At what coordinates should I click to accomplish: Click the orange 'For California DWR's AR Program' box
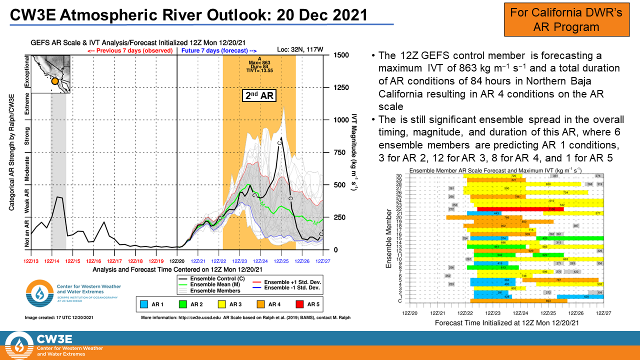pos(566,19)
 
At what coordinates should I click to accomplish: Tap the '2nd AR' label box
pos(259,95)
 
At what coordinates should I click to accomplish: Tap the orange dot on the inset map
pos(54,81)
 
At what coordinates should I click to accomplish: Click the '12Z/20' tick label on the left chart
pos(177,260)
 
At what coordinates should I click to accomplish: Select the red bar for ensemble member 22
pos(520,209)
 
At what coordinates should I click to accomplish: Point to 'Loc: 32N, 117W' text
pos(299,50)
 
